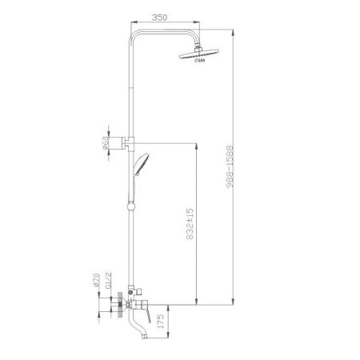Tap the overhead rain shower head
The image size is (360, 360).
(198, 54)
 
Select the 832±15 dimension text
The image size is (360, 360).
(190, 225)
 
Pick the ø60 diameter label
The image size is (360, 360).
(105, 144)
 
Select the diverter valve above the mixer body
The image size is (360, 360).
(131, 290)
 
